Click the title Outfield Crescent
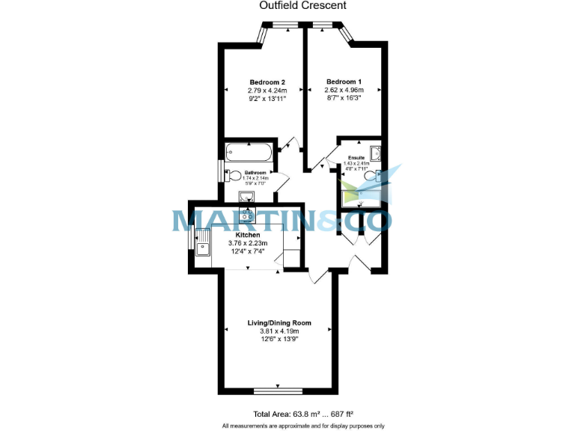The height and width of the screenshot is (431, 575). click(302, 4)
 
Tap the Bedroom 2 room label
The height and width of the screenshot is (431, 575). click(267, 82)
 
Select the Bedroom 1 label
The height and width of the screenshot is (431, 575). click(343, 82)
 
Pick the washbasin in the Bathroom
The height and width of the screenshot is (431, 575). click(247, 196)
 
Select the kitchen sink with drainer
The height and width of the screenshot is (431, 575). click(203, 242)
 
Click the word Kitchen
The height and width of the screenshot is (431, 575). click(248, 234)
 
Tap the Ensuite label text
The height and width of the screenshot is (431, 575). click(356, 158)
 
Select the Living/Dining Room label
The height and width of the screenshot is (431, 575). click(279, 323)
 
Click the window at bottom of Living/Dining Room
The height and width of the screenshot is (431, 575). click(278, 391)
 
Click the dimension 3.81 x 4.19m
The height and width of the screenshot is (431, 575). click(279, 331)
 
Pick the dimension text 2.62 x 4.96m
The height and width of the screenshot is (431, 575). click(343, 91)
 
